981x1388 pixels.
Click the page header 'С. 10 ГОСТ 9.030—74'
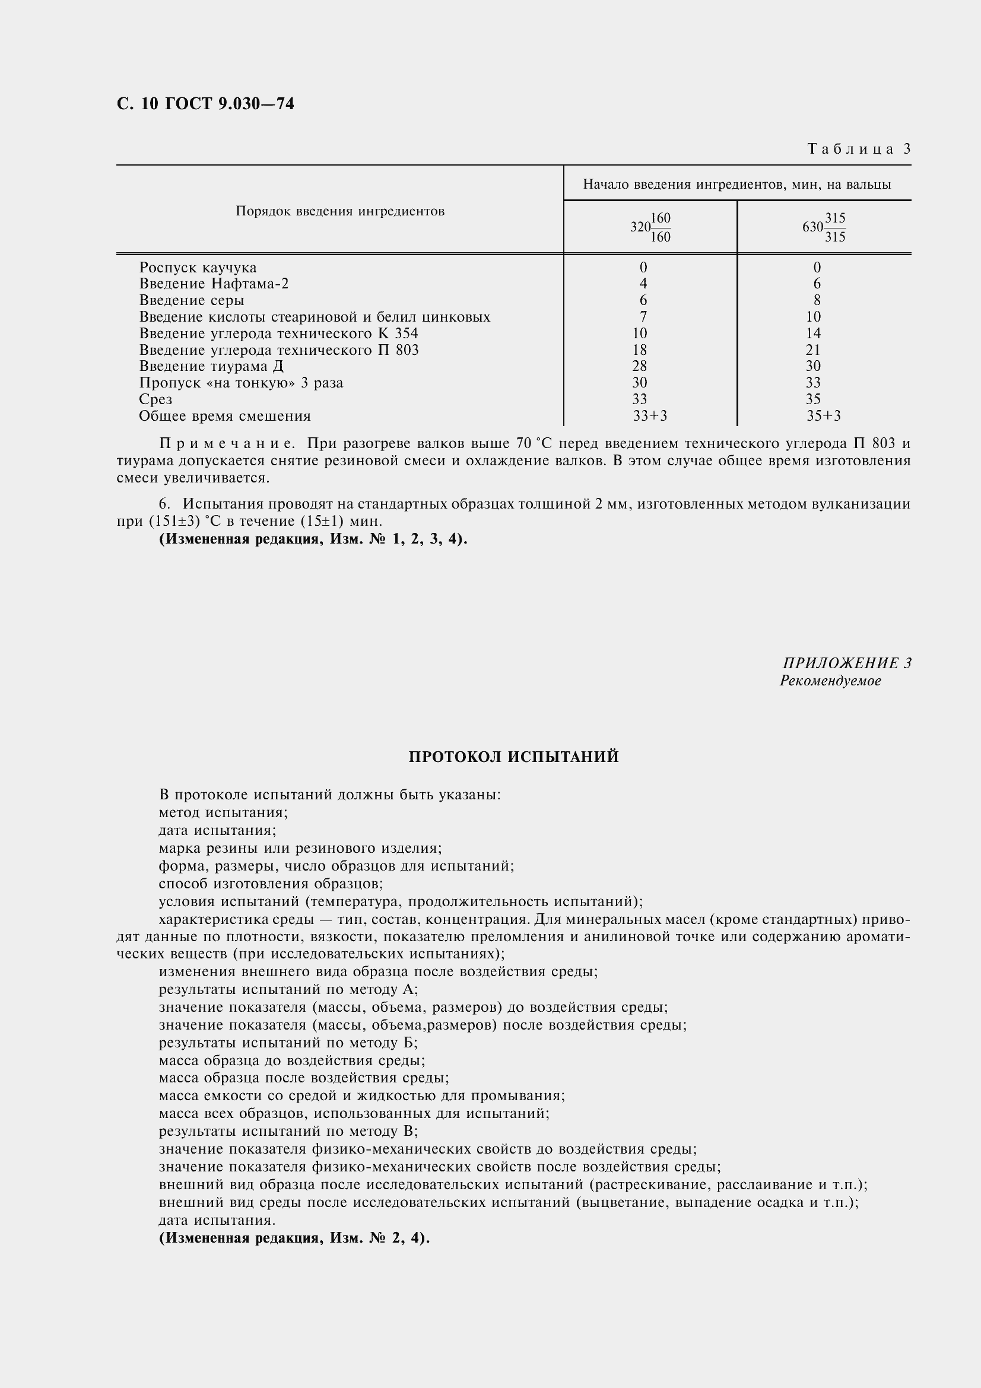(205, 104)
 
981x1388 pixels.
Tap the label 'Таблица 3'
(858, 149)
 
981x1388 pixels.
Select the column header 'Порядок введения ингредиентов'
(339, 211)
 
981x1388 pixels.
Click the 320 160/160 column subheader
(650, 227)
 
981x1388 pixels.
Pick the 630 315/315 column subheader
(824, 227)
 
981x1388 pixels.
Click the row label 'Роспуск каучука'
(198, 267)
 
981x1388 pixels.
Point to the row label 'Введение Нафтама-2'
(214, 284)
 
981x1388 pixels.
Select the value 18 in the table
(640, 350)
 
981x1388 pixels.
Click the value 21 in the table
(813, 350)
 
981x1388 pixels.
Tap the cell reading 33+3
(650, 415)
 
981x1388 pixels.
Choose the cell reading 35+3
(823, 415)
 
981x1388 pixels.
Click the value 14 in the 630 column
(813, 333)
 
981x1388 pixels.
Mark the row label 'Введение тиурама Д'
(211, 366)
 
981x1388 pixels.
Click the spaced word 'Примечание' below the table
(226, 444)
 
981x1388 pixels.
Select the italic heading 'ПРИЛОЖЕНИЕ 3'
(847, 663)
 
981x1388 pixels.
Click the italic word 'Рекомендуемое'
(830, 681)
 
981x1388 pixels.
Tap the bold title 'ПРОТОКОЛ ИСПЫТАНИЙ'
(513, 757)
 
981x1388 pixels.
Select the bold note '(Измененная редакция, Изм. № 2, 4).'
(294, 1237)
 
